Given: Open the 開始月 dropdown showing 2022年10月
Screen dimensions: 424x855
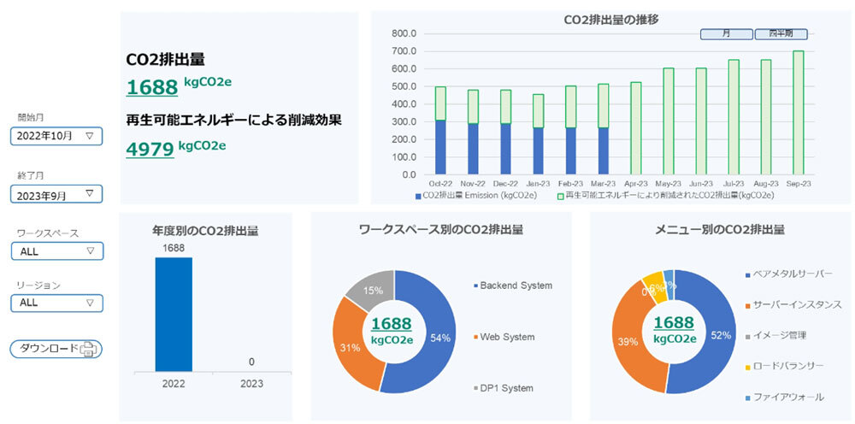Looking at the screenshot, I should click(56, 135).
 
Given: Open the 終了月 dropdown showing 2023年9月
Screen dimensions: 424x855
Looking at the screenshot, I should click(56, 194).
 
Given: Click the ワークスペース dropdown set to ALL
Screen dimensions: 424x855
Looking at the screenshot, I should click(56, 251).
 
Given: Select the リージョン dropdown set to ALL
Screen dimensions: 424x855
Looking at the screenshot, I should click(56, 303).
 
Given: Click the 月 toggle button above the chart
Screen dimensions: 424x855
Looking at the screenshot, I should click(726, 34).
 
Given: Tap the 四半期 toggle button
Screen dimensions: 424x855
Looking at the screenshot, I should click(781, 34).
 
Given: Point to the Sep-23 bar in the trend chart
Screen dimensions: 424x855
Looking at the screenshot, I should click(798, 112).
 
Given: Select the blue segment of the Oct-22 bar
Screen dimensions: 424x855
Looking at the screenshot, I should click(440, 147).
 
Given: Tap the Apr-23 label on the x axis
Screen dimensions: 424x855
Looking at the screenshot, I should click(634, 183).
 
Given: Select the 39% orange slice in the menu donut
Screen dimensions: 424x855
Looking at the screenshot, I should click(633, 342).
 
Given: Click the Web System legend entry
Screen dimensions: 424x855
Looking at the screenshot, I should click(506, 337).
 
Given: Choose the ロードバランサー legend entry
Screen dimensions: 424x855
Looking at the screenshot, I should click(788, 366).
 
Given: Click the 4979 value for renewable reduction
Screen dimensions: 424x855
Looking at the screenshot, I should click(150, 150).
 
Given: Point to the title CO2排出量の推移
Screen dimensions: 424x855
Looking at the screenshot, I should click(610, 19).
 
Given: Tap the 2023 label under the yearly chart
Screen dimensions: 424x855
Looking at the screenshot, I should click(251, 384).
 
